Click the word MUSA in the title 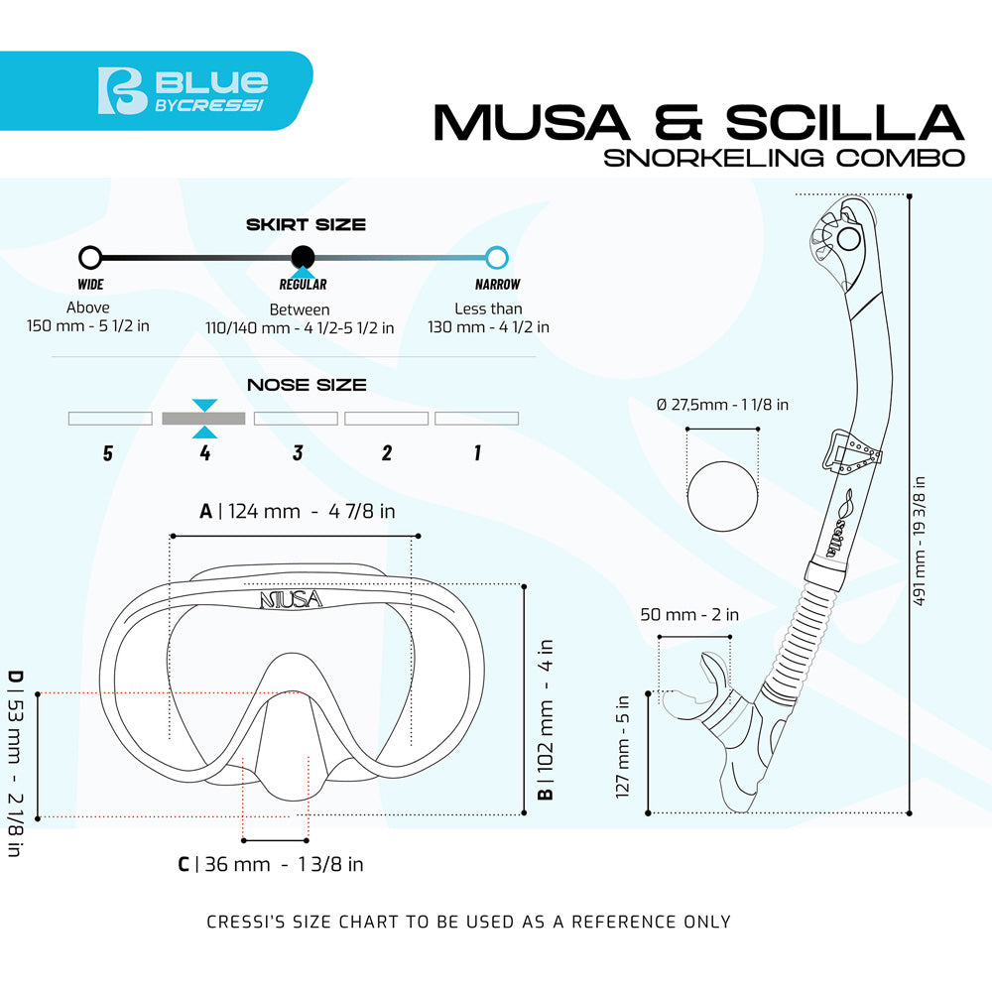(531, 122)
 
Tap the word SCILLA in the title (842, 122)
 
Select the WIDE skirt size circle (90, 258)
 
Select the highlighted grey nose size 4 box (203, 419)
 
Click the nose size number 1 (477, 453)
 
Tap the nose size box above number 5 (110, 419)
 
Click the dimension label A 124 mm (298, 511)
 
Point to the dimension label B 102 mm (547, 719)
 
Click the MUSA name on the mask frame (291, 599)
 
